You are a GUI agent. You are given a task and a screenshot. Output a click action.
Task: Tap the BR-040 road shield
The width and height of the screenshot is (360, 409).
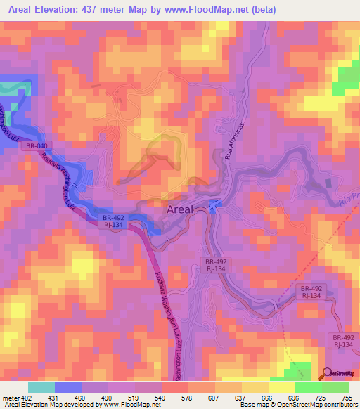[37, 146]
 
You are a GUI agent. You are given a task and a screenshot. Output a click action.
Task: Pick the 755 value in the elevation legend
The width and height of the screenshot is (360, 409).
[347, 397]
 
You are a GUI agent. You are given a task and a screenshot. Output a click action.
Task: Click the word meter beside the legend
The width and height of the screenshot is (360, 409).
[8, 397]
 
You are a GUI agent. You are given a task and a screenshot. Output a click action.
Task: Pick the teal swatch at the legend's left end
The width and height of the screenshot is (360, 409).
[41, 387]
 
